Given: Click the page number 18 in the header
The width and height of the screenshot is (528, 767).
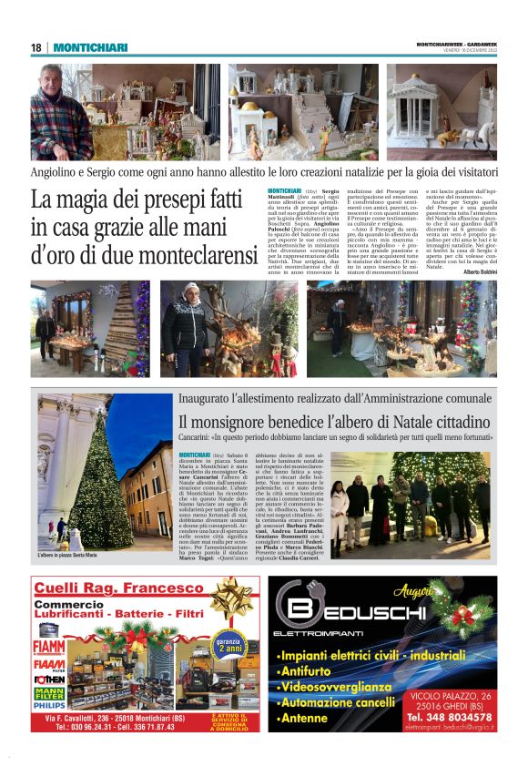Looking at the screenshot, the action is tap(36, 47).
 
